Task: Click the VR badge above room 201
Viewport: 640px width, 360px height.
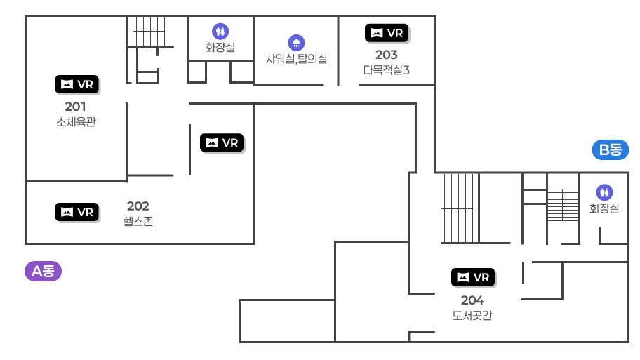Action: pos(77,84)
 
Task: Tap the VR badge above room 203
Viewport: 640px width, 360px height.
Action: pos(387,32)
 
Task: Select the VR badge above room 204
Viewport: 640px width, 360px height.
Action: pos(473,277)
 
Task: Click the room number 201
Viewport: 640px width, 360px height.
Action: pos(76,107)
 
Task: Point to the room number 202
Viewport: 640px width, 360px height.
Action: pos(138,206)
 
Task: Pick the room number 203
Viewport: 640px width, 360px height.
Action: pos(387,55)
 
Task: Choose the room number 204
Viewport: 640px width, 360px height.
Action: pos(472,300)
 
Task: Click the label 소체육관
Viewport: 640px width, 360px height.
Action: pos(76,122)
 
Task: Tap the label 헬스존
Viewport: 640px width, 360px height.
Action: pos(138,222)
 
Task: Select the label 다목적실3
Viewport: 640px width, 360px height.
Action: pos(387,70)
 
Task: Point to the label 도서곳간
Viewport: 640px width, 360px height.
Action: pos(472,316)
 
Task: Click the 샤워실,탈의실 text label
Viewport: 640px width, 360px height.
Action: pos(296,59)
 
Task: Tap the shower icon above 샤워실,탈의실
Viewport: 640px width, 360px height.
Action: pos(296,42)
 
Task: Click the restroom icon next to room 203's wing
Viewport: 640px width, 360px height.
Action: pos(220,31)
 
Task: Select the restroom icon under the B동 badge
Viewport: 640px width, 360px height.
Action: pos(604,192)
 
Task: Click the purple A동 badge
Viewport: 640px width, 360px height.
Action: pos(44,271)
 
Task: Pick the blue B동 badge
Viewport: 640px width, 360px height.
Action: pos(611,149)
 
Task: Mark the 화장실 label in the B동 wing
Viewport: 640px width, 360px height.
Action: pos(604,208)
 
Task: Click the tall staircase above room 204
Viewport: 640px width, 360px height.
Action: pos(460,208)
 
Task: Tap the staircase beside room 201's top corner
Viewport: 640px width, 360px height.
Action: pos(149,31)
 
